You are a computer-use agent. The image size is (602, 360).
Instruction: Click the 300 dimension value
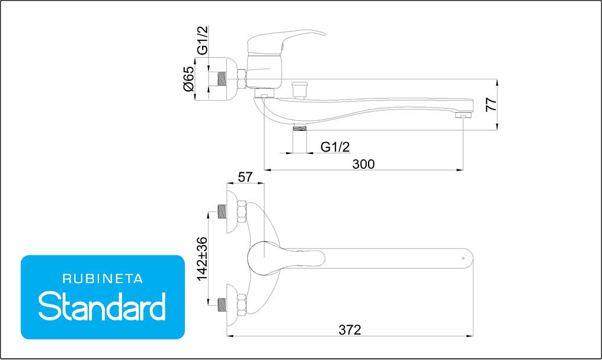pyautogui.click(x=363, y=164)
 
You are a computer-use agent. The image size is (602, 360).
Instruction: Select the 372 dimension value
pyautogui.click(x=350, y=330)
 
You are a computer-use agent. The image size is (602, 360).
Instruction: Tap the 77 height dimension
pyautogui.click(x=491, y=105)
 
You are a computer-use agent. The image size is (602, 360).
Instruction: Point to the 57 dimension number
pyautogui.click(x=245, y=177)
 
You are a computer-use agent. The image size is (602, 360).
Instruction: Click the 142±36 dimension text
pyautogui.click(x=202, y=259)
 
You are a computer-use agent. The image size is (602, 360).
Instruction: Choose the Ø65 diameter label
pyautogui.click(x=188, y=79)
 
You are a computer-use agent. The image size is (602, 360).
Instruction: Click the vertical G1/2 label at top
pyautogui.click(x=202, y=40)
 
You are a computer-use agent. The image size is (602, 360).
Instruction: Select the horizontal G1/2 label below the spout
pyautogui.click(x=335, y=147)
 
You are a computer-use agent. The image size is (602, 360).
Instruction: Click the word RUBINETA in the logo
pyautogui.click(x=103, y=279)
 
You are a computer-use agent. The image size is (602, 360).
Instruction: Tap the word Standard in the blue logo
pyautogui.click(x=102, y=306)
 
